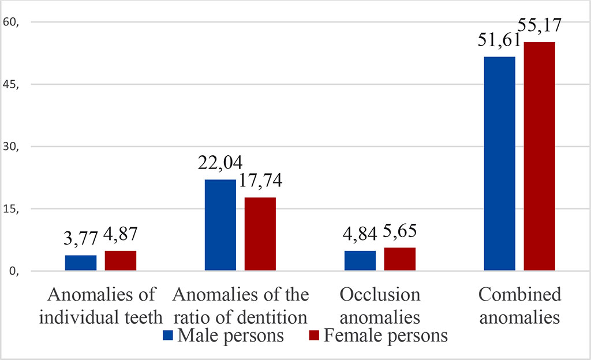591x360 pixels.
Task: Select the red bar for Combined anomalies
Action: [x=539, y=156]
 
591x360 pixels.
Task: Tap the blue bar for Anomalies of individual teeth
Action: [x=81, y=263]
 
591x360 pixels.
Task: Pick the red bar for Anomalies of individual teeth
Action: [x=120, y=261]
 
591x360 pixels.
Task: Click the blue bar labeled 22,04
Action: [x=220, y=225]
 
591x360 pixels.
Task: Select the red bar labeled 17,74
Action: [x=260, y=234]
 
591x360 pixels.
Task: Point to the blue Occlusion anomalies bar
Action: [x=360, y=261]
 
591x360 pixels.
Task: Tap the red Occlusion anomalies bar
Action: [x=399, y=259]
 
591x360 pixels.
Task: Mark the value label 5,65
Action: [x=399, y=234]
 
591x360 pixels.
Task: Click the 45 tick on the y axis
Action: [x=12, y=85]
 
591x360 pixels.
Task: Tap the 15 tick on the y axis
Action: [x=12, y=209]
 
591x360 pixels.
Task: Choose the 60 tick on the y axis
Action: [x=12, y=22]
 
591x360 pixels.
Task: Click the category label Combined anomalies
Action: [x=519, y=306]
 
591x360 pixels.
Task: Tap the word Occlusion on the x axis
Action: [x=380, y=295]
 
